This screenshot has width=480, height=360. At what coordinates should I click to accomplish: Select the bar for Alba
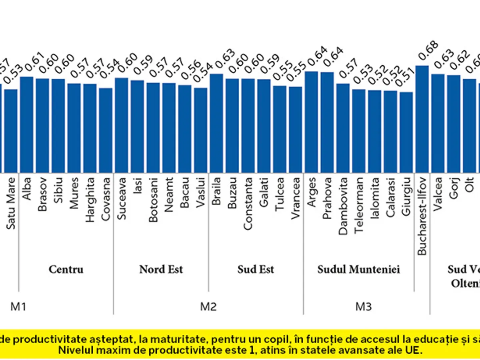[26, 124]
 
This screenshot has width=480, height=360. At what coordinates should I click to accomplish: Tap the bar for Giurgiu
[406, 132]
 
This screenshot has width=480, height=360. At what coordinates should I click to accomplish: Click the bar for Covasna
[106, 130]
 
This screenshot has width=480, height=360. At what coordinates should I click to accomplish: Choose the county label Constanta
[248, 204]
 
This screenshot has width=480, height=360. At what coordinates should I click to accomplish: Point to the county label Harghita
[90, 200]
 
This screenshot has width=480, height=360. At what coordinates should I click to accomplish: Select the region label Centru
[66, 269]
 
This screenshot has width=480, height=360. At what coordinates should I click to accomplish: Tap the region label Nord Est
[161, 269]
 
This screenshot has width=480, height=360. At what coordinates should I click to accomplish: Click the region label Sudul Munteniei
[358, 269]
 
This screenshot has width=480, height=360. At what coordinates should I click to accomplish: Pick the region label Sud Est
[256, 269]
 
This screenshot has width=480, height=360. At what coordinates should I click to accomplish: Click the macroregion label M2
[208, 307]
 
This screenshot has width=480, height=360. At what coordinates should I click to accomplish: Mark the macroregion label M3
[364, 307]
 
